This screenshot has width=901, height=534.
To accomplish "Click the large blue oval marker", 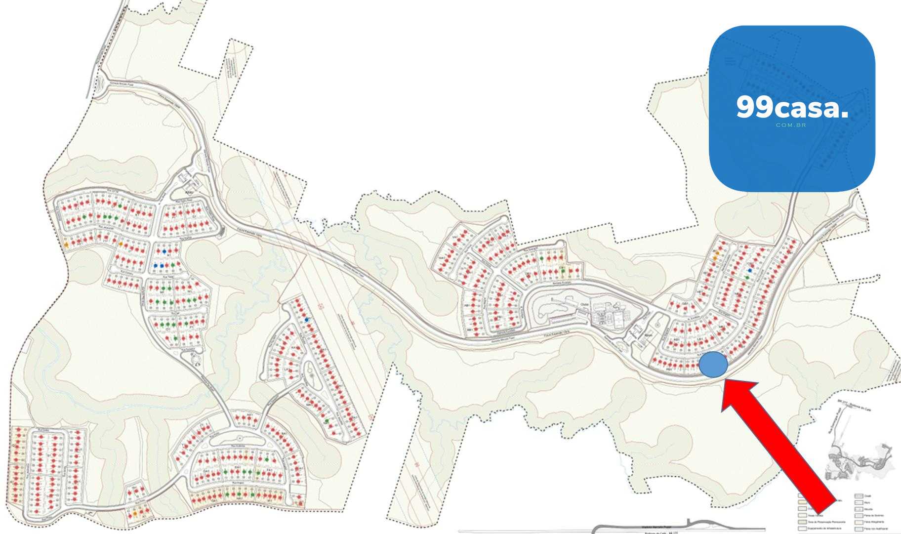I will [x=713, y=365].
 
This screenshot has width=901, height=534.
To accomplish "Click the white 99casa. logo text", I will [x=792, y=107].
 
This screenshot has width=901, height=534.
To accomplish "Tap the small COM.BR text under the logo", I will [x=791, y=125].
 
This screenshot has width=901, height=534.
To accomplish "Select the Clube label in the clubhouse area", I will [x=585, y=304].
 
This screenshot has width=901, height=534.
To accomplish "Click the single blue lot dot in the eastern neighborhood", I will [x=750, y=270].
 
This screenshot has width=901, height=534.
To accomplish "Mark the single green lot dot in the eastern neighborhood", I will [x=747, y=278].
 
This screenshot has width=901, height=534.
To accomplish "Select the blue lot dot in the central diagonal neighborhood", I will [x=307, y=320].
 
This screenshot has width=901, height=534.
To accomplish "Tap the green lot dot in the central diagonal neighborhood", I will [x=327, y=421].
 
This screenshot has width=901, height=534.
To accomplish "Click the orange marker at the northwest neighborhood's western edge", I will [x=66, y=245].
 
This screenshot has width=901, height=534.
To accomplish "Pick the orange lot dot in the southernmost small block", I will [x=135, y=514].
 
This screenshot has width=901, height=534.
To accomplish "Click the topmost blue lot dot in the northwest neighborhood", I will [x=164, y=251].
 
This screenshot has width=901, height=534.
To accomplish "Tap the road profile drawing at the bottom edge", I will [x=642, y=528].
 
